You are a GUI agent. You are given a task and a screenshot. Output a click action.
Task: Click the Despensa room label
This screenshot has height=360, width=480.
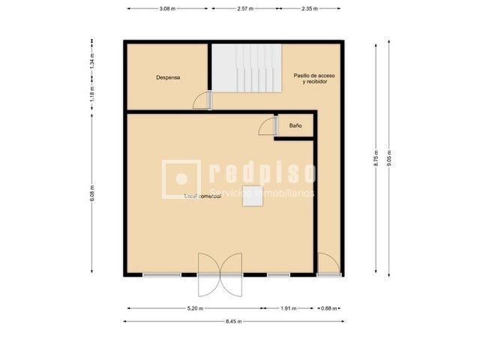click(168, 77)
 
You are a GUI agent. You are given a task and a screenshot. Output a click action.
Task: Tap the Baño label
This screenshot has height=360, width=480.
click(295, 126)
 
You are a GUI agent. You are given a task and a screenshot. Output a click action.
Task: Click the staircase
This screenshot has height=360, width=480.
click(245, 67)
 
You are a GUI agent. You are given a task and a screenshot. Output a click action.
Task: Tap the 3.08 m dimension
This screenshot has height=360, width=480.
click(168, 8)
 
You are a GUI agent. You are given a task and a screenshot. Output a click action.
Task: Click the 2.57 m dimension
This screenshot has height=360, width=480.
click(244, 8)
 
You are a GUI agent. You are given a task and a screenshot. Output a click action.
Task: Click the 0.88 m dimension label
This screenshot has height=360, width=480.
click(327, 308)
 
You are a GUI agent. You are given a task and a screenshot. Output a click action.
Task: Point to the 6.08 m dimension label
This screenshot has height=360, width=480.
click(91, 193)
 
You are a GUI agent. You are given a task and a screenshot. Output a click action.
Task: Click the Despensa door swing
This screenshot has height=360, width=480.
click(199, 100)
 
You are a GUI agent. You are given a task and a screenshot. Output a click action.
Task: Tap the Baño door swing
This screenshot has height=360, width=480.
click(267, 127)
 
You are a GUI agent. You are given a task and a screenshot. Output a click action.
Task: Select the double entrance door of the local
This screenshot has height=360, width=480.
click(220, 274)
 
